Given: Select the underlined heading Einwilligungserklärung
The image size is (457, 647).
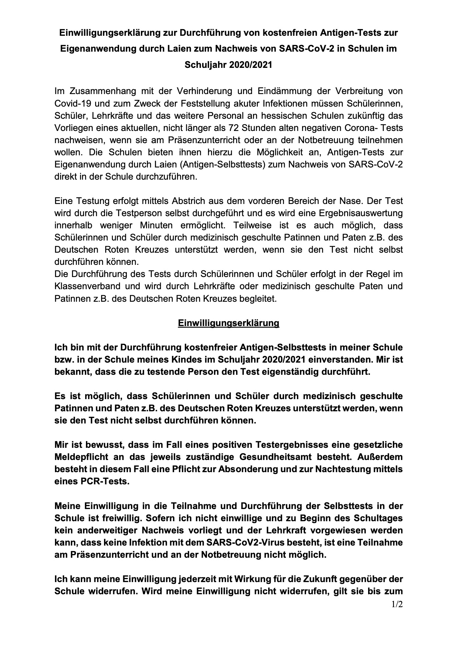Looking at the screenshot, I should [x=228, y=323].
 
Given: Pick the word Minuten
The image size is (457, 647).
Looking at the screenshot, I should [x=156, y=225].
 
